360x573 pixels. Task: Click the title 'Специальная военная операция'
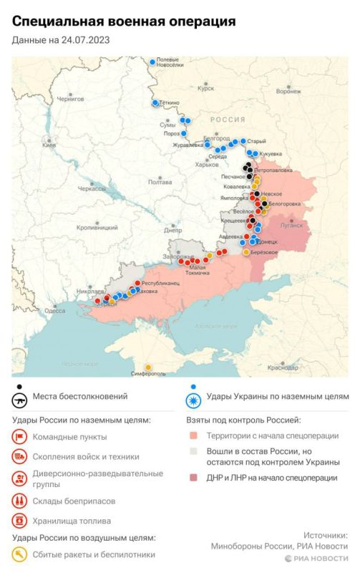pos(124,22)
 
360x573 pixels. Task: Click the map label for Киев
pos(49,145)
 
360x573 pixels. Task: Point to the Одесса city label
pos(54,311)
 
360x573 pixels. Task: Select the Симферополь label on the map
pos(147,374)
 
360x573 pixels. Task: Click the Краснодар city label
pos(283,367)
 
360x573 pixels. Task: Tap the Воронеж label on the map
pos(288,92)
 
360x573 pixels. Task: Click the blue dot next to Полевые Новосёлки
pos(152,62)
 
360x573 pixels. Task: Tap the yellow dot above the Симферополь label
pos(147,366)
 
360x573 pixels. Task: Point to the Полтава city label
pos(160,182)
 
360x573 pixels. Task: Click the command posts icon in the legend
pos(19,436)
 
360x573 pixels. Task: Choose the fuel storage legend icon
pos(19,521)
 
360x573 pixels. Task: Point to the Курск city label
pos(206,88)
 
